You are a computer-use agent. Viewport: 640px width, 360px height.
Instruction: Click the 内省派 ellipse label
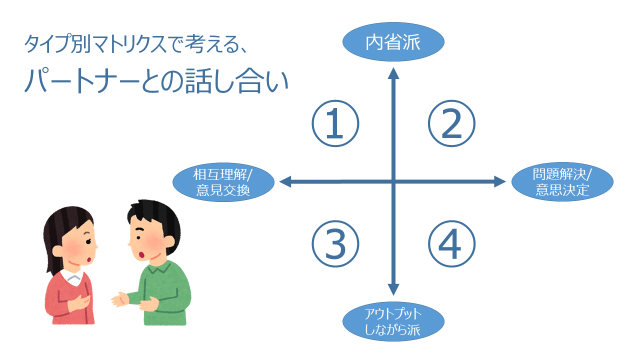point(393,42)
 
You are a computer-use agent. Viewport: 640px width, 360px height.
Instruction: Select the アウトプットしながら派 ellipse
point(393,322)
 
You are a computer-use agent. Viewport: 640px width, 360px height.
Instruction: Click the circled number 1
point(335,124)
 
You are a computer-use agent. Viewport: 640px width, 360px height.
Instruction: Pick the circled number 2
point(451,124)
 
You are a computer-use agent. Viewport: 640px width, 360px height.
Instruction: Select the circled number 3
point(335,244)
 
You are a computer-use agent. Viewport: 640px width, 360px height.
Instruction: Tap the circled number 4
point(451,244)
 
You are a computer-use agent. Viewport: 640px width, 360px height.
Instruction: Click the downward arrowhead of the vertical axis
point(393,289)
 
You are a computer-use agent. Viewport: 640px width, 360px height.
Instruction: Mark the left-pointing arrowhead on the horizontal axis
point(285,182)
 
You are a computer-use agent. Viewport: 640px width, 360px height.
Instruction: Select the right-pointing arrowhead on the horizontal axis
point(500,182)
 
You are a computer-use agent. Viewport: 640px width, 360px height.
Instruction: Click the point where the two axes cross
point(393,182)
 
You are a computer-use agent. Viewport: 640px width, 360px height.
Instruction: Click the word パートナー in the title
point(82,81)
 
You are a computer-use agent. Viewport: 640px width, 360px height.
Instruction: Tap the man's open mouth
point(142,254)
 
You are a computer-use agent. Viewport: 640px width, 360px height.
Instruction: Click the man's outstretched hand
point(119,300)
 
